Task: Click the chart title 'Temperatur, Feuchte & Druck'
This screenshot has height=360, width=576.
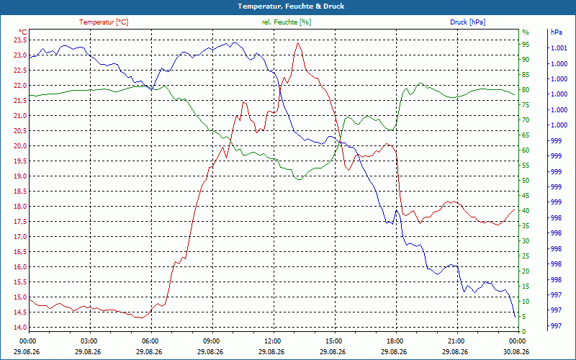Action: [x=291, y=6]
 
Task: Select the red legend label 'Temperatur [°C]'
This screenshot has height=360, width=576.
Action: [x=104, y=22]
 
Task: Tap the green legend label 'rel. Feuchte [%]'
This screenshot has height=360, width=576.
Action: [x=287, y=22]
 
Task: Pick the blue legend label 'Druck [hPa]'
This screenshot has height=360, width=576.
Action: [x=467, y=22]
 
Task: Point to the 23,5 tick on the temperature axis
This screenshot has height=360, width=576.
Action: [x=20, y=40]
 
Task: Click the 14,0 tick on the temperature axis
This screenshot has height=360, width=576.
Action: [x=20, y=328]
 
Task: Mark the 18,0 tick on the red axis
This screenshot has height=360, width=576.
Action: [x=20, y=207]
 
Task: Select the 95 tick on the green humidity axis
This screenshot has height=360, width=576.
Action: [x=526, y=45]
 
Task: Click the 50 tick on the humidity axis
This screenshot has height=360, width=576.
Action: [x=526, y=181]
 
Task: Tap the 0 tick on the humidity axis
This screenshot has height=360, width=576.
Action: [x=524, y=331]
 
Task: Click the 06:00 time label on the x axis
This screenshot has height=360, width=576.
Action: [x=150, y=341]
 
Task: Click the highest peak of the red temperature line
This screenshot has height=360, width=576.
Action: [x=297, y=42]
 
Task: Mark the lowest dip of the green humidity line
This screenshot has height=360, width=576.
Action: [x=300, y=179]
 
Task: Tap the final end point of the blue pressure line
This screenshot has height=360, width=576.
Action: [x=515, y=317]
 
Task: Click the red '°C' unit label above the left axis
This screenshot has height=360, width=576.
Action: [x=23, y=32]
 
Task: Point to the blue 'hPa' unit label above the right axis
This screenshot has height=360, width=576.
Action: [x=556, y=32]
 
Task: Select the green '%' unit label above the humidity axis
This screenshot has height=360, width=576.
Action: [x=526, y=32]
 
